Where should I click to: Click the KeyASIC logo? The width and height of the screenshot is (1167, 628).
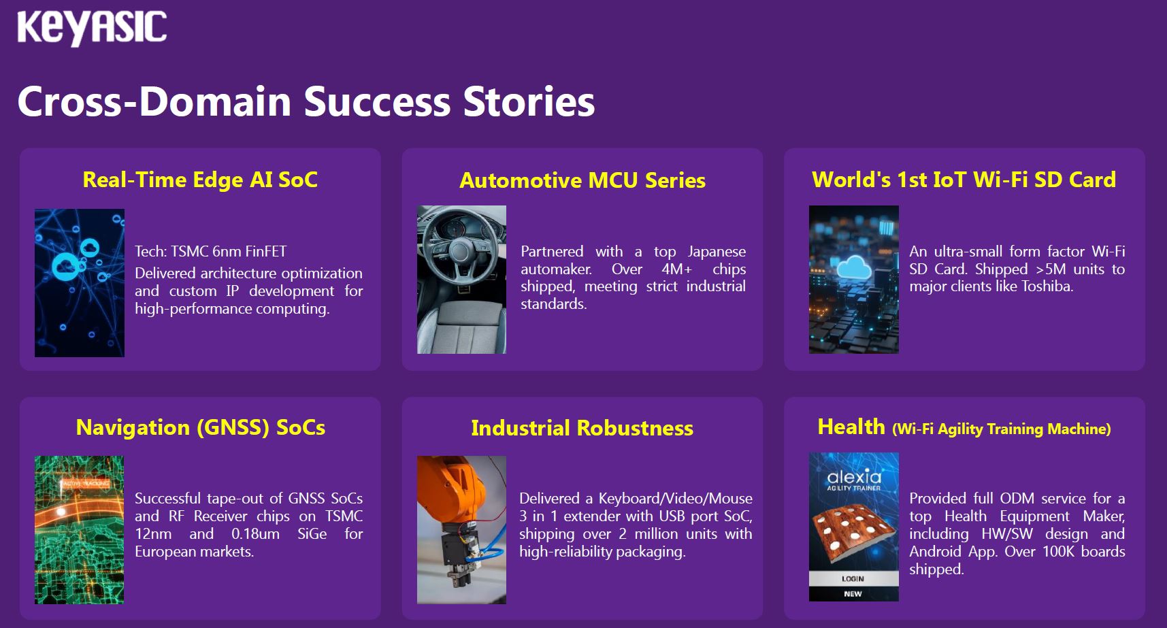[92, 28]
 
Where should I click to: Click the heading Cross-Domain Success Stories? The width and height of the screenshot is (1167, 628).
[306, 101]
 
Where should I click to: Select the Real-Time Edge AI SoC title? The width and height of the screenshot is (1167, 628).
[200, 180]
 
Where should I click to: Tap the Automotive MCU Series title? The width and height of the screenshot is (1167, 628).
[582, 180]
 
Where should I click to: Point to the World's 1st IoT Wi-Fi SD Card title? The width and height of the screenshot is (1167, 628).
[964, 180]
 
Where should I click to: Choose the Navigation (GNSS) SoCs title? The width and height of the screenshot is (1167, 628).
[201, 427]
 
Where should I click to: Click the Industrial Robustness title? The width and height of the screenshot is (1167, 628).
[582, 428]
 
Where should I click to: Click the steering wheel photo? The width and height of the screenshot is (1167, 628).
[461, 280]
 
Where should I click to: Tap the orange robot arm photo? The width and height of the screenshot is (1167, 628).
[461, 530]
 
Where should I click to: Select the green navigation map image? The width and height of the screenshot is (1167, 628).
[80, 530]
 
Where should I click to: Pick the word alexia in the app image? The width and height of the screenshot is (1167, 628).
[854, 476]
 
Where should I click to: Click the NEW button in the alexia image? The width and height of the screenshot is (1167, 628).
[853, 594]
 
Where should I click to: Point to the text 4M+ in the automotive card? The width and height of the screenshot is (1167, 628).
[676, 269]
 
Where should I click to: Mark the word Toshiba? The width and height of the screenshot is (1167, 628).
[1047, 286]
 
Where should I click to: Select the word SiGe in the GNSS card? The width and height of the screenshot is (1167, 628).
[312, 534]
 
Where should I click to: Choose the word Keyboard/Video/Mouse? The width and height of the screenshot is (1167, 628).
[676, 499]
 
